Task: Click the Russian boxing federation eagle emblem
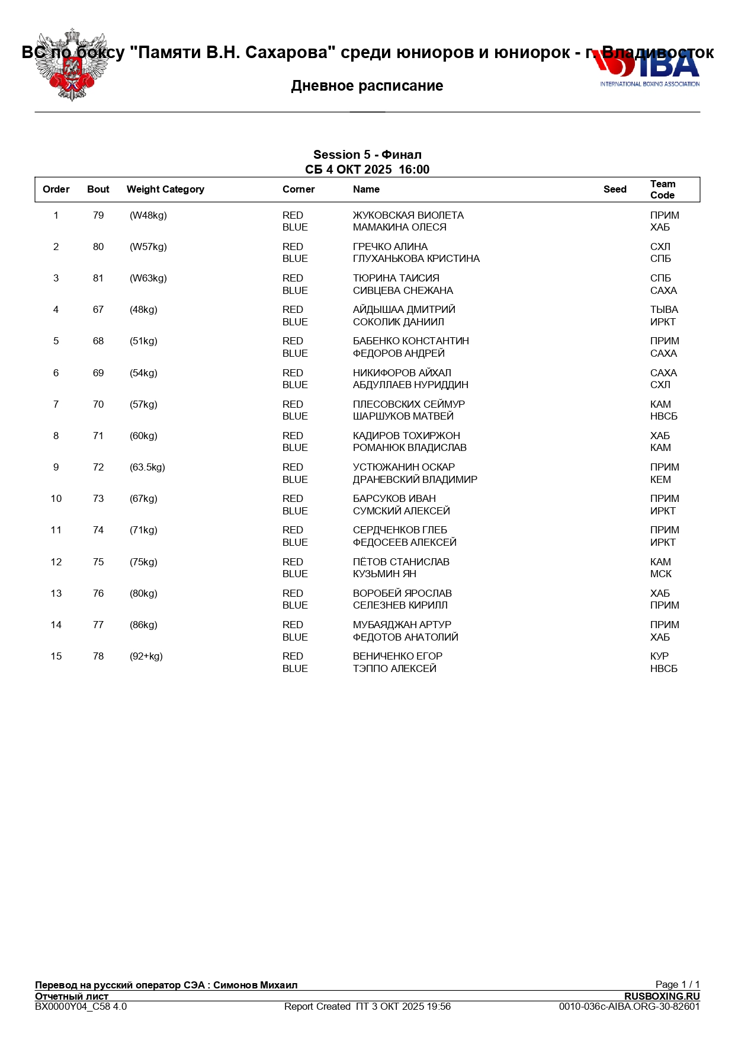(x=72, y=65)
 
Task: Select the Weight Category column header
(x=165, y=190)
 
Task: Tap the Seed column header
(x=615, y=190)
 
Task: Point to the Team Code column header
(x=663, y=190)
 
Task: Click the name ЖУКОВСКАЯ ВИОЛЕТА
(x=408, y=216)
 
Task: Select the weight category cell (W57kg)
(x=148, y=247)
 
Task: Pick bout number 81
(x=98, y=279)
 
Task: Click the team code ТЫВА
(x=664, y=310)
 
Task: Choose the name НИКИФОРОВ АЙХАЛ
(x=402, y=373)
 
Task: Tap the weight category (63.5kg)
(x=147, y=468)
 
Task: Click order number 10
(x=56, y=499)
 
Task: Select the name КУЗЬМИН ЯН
(x=384, y=574)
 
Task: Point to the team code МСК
(x=660, y=574)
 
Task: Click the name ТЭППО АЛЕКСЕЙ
(x=394, y=669)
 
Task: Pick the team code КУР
(x=659, y=657)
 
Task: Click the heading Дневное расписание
(x=367, y=86)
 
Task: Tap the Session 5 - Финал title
(x=367, y=155)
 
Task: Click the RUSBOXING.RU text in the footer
(x=662, y=996)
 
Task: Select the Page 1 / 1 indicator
(x=677, y=984)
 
